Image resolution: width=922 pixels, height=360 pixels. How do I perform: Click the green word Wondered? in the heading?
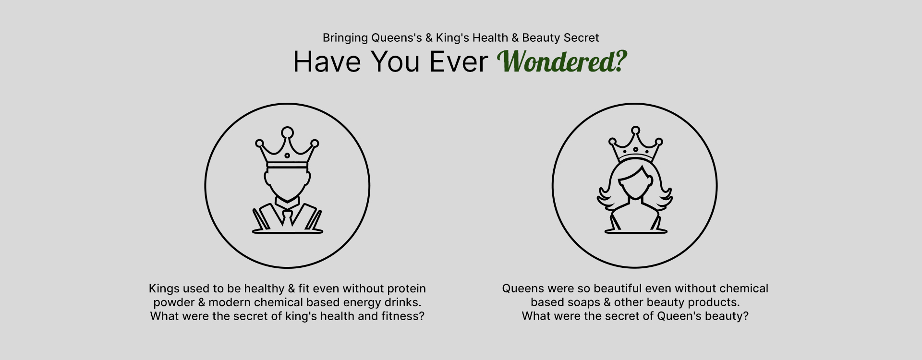coord(562,61)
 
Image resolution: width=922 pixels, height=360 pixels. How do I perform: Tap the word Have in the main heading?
coord(327,62)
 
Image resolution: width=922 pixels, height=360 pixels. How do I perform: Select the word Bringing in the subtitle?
coord(345,38)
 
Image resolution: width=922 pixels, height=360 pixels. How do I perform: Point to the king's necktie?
coord(287,218)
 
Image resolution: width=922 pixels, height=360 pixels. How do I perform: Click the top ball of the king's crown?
coord(287,132)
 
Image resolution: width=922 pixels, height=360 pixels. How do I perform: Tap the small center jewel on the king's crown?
coord(287,156)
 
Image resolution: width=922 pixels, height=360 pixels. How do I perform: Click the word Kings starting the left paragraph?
coord(164,289)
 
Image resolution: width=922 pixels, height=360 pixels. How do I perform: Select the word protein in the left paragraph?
coord(406,289)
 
